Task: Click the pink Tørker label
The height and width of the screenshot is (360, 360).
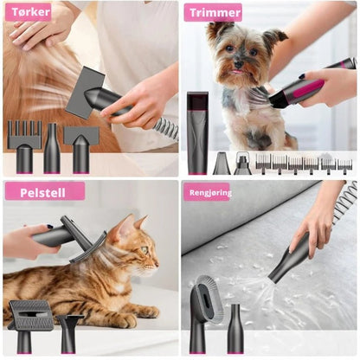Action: [x=29, y=12]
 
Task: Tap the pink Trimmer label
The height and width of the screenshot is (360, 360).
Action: [x=213, y=13]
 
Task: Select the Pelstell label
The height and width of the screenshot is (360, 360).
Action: [x=45, y=192]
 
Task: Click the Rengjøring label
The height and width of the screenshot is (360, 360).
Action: [x=207, y=192]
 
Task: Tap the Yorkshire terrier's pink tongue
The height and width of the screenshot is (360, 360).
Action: [x=238, y=72]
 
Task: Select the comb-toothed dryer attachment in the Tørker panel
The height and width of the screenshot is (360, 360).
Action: [x=24, y=146]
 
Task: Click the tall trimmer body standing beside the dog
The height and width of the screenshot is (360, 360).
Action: [x=197, y=133]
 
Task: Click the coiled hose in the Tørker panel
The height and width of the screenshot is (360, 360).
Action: [x=165, y=127]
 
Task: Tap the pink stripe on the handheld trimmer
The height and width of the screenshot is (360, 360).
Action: [x=311, y=88]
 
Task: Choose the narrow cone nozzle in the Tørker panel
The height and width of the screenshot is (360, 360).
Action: [x=52, y=148]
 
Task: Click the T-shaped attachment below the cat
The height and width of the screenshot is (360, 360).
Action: [x=69, y=333]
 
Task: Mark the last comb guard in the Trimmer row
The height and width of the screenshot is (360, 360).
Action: [x=344, y=166]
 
